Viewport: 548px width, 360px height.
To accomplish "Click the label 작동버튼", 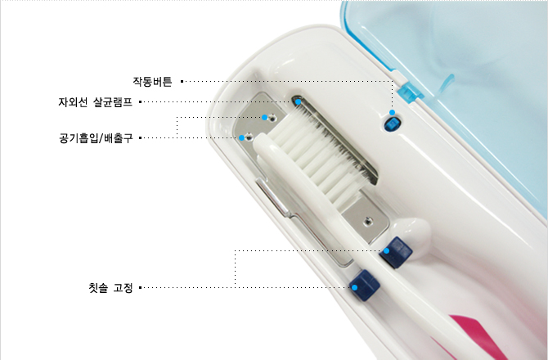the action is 152,82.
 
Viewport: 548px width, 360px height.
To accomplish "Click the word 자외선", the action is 73,102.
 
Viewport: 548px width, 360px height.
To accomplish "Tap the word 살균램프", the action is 113,102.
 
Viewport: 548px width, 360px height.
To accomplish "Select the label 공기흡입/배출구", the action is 96,137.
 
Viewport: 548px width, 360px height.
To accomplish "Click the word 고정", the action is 123,288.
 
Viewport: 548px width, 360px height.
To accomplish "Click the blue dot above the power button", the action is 392,112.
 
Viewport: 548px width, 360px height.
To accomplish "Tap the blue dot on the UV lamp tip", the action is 298,101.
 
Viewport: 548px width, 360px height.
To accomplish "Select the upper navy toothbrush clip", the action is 396,252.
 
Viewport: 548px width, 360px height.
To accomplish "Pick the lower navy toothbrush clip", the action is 365,285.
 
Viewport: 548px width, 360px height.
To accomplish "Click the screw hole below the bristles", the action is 367,221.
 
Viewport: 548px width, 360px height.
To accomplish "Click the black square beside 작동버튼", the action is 182,82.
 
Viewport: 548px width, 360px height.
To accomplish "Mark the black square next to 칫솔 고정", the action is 140,288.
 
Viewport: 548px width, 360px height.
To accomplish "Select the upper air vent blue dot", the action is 264,117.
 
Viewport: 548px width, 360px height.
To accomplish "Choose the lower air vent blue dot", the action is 241,137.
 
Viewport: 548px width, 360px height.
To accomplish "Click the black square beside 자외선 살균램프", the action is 140,102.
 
